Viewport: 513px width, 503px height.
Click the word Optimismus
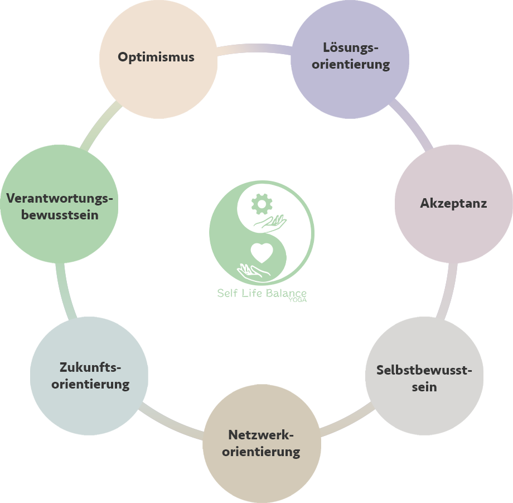156,57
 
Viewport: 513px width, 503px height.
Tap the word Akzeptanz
453,203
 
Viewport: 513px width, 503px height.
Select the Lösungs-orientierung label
351,56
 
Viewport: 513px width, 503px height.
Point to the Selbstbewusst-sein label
424,378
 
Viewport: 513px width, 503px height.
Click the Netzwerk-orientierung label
261,443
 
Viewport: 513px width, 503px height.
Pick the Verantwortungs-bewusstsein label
60,206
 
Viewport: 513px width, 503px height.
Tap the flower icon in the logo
260,204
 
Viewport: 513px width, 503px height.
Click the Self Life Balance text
262,294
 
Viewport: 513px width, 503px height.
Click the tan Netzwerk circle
262,475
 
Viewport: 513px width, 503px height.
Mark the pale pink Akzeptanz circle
453,234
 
